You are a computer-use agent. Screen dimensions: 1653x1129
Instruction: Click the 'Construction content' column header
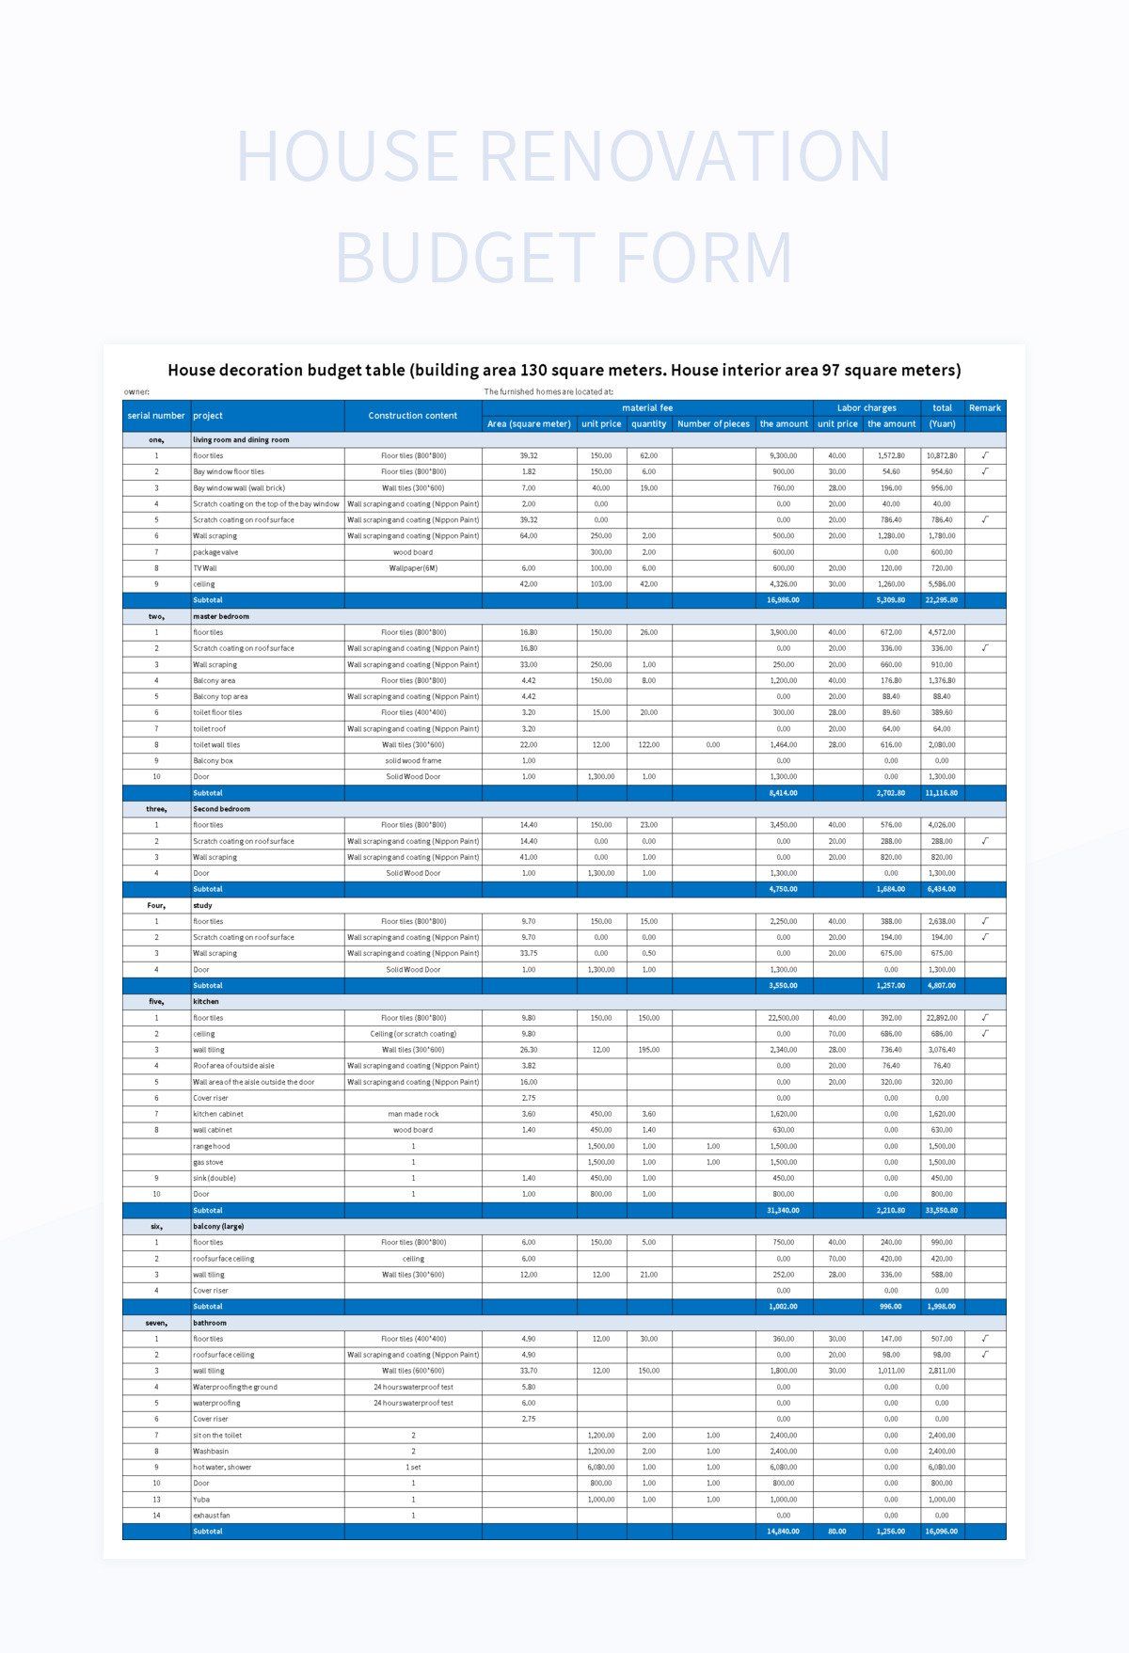[412, 415]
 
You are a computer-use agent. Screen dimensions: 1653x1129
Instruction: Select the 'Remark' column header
[984, 407]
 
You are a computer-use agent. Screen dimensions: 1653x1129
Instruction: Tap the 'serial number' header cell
[156, 415]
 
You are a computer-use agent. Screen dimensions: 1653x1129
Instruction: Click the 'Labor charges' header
[866, 407]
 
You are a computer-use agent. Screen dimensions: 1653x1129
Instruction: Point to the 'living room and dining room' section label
[241, 439]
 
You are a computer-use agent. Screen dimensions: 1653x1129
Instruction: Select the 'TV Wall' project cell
[205, 568]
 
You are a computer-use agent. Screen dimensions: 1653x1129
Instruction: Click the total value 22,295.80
[941, 600]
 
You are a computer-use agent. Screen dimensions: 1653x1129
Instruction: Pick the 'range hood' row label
[211, 1146]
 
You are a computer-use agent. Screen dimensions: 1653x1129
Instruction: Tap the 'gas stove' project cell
[208, 1162]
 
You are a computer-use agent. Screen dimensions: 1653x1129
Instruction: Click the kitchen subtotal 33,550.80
[941, 1210]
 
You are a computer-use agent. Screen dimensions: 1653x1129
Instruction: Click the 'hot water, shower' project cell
[222, 1467]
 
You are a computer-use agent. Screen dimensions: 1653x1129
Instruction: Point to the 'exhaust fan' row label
[212, 1515]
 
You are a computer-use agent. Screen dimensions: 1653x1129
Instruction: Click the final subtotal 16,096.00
[941, 1531]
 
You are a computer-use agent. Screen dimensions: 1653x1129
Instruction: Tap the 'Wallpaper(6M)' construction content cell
[412, 568]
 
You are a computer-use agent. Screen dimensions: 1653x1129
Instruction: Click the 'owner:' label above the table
[136, 391]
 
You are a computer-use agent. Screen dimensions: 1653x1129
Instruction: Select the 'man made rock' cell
[412, 1114]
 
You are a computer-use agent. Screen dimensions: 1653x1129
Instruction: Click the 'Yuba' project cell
[201, 1499]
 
